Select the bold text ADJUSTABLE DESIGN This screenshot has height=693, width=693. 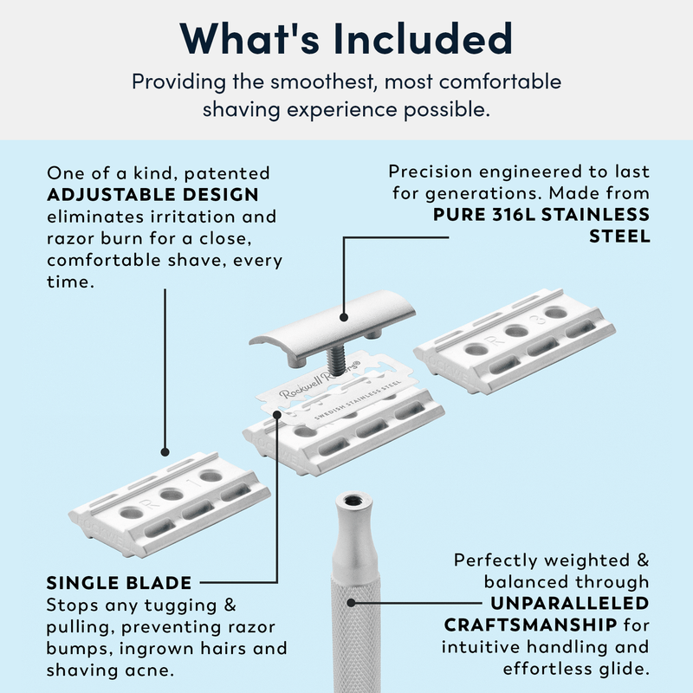point(152,195)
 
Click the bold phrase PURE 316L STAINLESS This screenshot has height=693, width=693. point(541,214)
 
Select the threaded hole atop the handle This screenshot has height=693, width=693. point(353,500)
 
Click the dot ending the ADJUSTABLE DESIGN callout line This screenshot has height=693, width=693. point(165,451)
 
